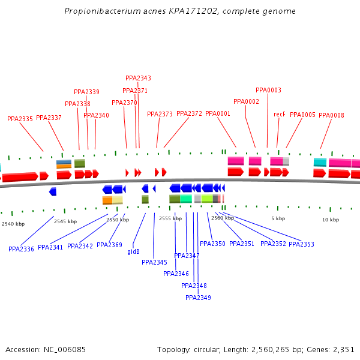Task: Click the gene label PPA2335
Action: [x=20, y=119]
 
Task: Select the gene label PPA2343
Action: [x=138, y=78]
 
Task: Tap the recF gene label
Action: [x=280, y=114]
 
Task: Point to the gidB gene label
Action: [x=133, y=252]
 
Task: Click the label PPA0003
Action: [x=268, y=90]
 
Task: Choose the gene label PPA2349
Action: [x=198, y=298]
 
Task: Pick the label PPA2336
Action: [x=21, y=248]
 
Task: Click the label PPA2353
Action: [x=301, y=244]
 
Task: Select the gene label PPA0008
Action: [x=331, y=115]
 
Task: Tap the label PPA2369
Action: [x=109, y=245]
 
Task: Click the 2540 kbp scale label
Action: [x=13, y=224]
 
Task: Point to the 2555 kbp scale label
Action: [x=170, y=219]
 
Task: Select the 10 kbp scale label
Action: [x=331, y=220]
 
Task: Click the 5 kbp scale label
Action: [x=277, y=218]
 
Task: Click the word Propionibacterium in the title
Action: [x=98, y=11]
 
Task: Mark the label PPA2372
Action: [x=189, y=113]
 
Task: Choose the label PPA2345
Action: [x=154, y=262]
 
